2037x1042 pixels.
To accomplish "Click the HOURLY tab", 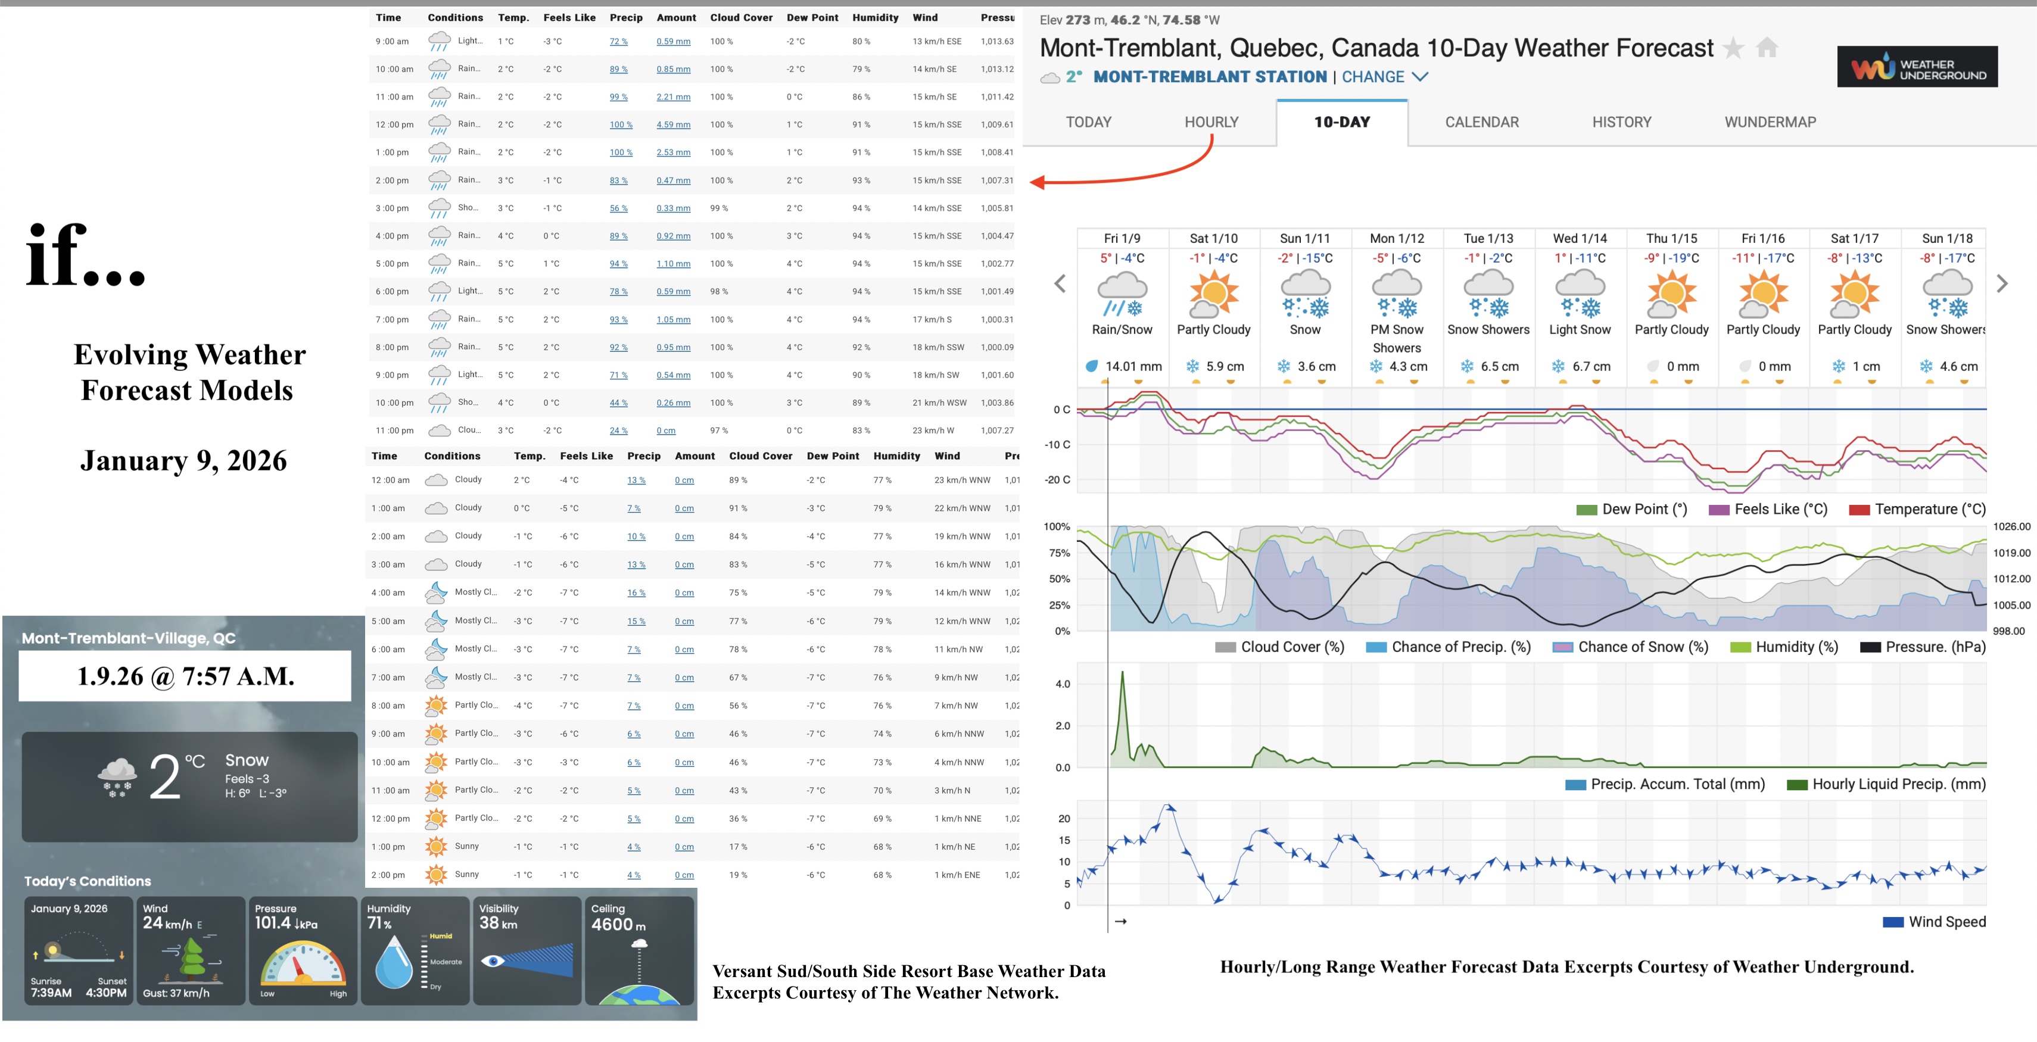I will [1211, 121].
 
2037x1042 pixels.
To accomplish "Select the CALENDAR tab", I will [1481, 121].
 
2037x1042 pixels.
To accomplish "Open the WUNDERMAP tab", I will [1770, 121].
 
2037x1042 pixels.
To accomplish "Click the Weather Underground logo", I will [1917, 67].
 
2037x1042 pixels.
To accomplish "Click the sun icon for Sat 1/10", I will [1213, 294].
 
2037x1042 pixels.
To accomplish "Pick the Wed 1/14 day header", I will [1579, 238].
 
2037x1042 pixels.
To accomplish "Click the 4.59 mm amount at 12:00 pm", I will [673, 125].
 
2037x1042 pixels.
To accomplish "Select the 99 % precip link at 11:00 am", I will [618, 97].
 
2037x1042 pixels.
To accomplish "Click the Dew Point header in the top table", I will [812, 17].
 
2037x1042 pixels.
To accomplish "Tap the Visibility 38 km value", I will [499, 923].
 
